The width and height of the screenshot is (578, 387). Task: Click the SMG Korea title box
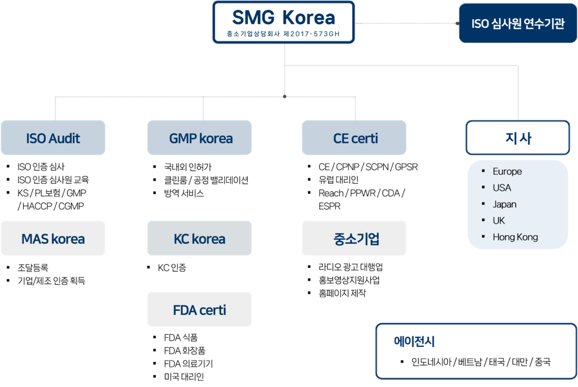coord(283,22)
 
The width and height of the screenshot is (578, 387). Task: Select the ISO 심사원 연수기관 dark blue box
coord(517,24)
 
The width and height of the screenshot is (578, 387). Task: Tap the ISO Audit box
coord(53,138)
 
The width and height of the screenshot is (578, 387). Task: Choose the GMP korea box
coord(200,138)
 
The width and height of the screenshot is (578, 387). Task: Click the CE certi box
coord(354,138)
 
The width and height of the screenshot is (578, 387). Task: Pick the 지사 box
coord(517,138)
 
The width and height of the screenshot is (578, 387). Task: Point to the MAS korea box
coord(53,239)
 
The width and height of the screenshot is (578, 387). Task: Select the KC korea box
coord(200,239)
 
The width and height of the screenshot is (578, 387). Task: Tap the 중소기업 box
coord(354,239)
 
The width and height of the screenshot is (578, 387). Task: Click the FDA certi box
coord(200,310)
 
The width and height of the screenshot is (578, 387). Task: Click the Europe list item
coord(507,171)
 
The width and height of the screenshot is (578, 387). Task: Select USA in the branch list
coord(501,188)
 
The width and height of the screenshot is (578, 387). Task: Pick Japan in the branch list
coord(504,204)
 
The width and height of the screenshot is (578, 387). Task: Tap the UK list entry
coord(498,221)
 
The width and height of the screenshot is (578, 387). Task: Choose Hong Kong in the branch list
coord(515,237)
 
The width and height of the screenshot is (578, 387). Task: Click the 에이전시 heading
coord(414,342)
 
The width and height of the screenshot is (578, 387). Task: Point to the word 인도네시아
coord(432,362)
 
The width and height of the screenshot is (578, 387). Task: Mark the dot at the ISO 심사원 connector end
coord(457,24)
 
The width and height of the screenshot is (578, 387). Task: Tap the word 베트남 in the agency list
coord(470,362)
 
